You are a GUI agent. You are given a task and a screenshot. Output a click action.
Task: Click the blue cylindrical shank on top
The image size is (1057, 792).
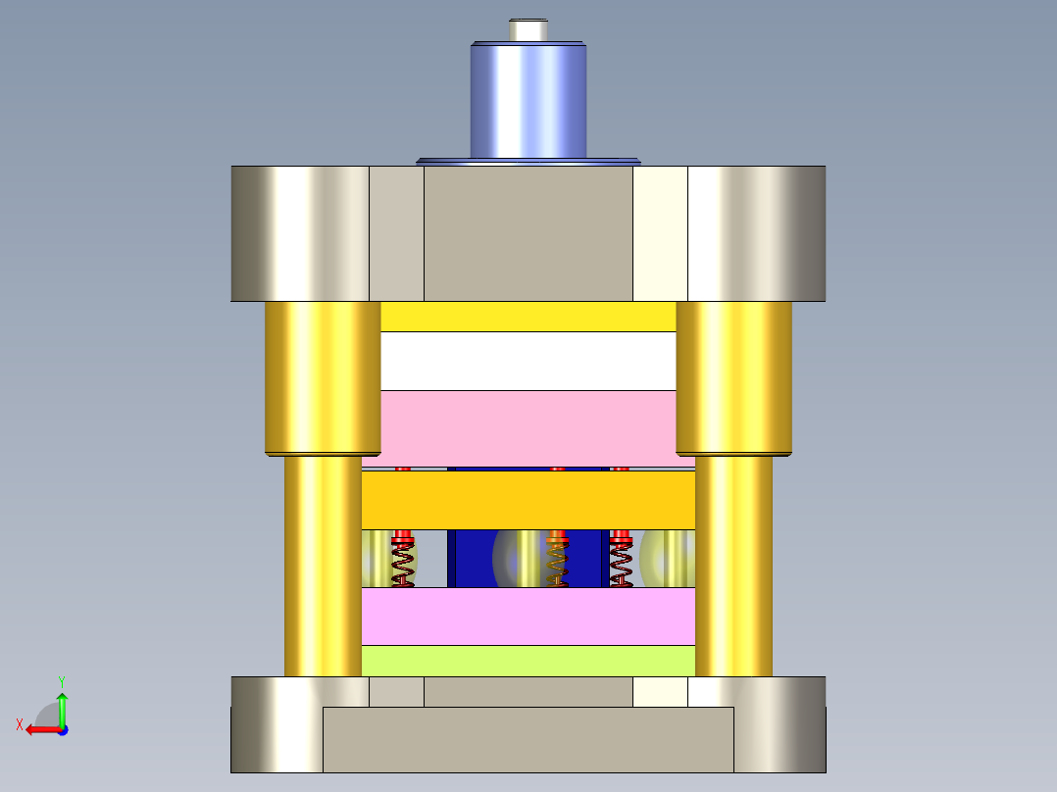coord(528,101)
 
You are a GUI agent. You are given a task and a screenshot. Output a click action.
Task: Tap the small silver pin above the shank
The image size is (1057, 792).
coord(528,30)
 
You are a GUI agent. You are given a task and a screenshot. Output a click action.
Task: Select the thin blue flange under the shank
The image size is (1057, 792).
coord(528,162)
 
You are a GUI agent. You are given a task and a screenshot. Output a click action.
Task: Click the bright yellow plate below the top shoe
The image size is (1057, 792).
coord(528,317)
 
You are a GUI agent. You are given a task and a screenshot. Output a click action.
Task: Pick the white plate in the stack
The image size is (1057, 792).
coord(528,362)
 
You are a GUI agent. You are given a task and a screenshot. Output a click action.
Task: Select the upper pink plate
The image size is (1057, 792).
coord(528,428)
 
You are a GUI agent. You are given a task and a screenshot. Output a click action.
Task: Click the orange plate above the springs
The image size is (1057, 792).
coord(528,500)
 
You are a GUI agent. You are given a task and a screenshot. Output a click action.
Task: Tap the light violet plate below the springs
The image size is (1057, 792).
coord(528,617)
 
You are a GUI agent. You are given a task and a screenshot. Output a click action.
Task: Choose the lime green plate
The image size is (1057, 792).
coord(528,661)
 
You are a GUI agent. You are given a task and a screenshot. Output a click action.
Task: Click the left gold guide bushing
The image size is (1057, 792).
coord(323,378)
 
